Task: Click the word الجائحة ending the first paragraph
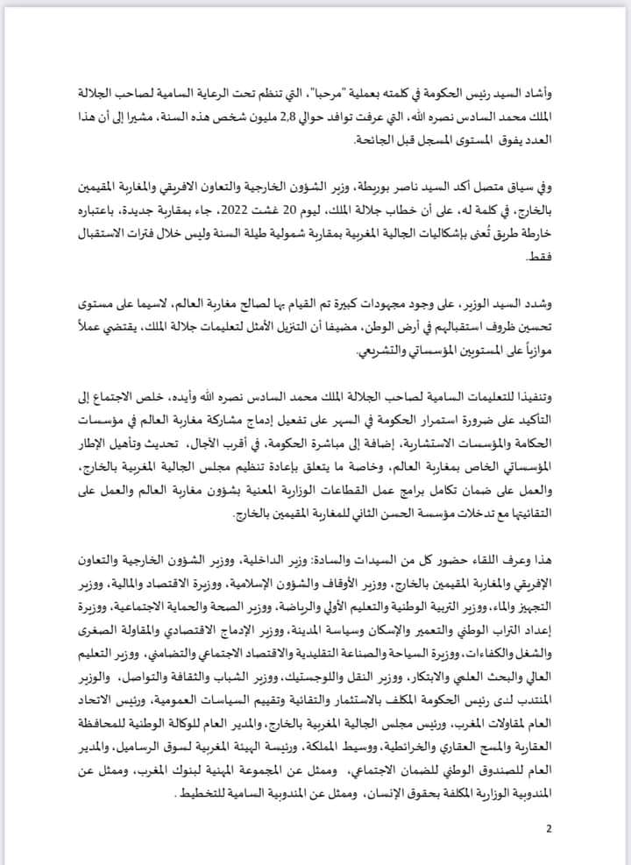349,141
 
